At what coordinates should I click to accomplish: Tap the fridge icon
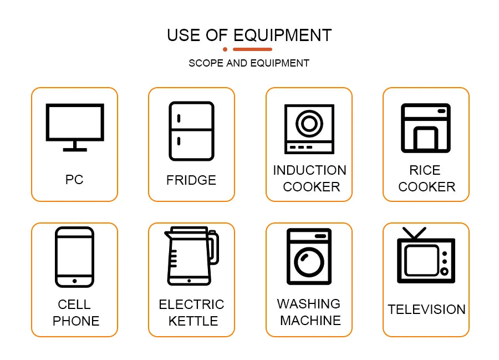click(x=191, y=131)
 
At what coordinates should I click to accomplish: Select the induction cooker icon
click(x=309, y=129)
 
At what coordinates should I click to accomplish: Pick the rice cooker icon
click(x=426, y=127)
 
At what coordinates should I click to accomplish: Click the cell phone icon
click(x=74, y=257)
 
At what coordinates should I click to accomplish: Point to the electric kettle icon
click(x=190, y=256)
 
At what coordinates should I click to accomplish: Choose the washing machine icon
click(x=309, y=256)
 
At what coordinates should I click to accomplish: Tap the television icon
click(x=426, y=258)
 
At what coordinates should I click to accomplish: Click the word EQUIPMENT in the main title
click(x=282, y=35)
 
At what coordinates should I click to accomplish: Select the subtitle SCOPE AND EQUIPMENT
click(x=249, y=63)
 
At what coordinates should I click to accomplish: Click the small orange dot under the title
click(x=225, y=49)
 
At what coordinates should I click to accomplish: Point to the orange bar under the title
click(x=252, y=49)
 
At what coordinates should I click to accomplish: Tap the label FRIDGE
click(x=191, y=180)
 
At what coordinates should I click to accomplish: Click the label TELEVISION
click(x=426, y=310)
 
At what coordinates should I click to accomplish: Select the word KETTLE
click(x=193, y=321)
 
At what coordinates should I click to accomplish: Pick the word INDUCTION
click(x=309, y=170)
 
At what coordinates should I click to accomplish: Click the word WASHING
click(x=309, y=304)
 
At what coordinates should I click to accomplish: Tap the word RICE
click(x=425, y=170)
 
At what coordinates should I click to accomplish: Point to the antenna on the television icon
click(x=414, y=232)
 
